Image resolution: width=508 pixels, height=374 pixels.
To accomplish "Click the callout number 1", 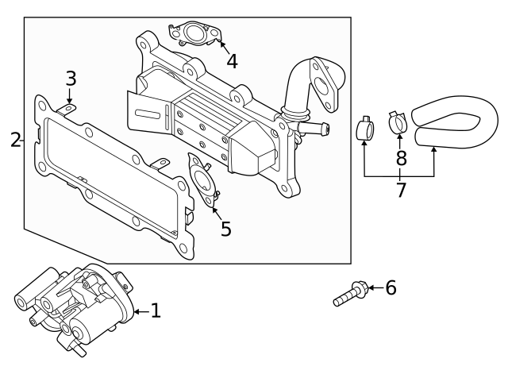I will pos(156,311).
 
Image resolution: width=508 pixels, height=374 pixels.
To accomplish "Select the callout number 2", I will pos(15,141).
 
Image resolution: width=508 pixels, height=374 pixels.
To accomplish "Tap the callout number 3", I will pos(71,79).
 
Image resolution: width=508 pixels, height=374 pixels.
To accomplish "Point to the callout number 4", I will pos(232,60).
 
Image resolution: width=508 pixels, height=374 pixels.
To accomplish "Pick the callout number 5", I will pos(226,229).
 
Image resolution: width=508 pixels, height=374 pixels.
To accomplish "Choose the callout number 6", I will pos(390,287).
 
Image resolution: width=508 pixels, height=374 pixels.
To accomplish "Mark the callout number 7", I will pos(401,191).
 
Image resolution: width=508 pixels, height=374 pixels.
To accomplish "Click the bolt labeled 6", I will pos(349,295).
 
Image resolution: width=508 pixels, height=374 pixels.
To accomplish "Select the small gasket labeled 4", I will pos(193,33).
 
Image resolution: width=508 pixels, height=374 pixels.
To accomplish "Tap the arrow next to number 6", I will pos(373,287).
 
